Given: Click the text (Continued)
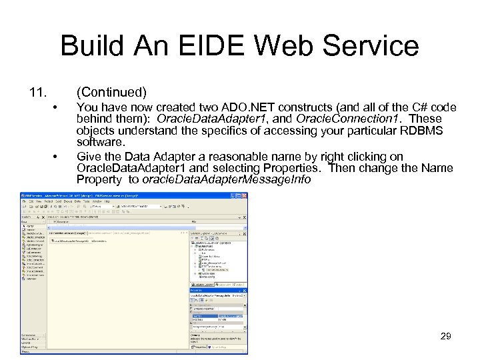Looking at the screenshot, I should (111, 91).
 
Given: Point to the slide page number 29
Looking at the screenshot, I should (446, 336).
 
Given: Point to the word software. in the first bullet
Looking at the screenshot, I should (101, 143).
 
